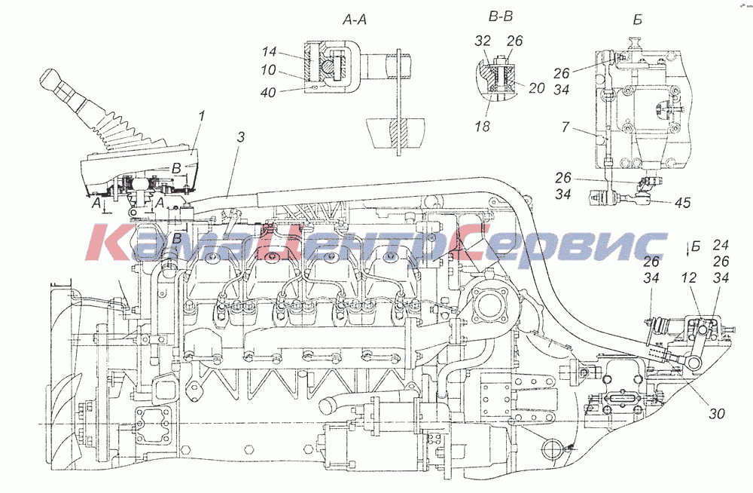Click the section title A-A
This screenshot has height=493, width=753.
355,22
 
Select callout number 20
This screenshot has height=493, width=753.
535,88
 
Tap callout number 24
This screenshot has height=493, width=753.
721,245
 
